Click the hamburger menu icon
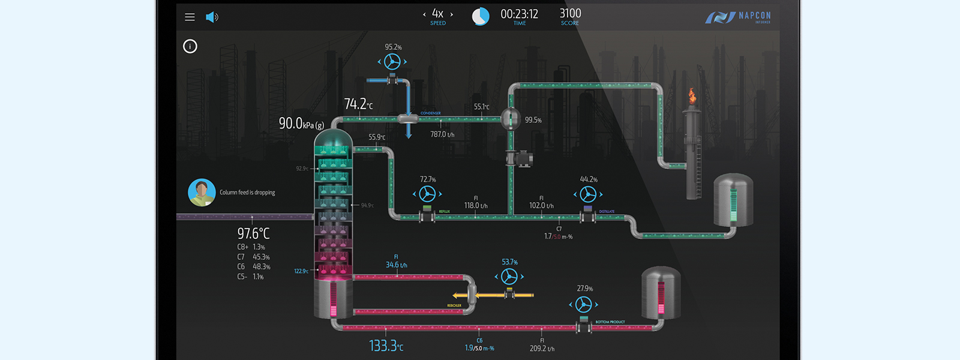click(190, 17)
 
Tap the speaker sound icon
click(212, 17)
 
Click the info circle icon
click(190, 46)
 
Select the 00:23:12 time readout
click(519, 14)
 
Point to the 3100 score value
click(570, 13)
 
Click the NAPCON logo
click(739, 17)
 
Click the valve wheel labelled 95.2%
click(392, 61)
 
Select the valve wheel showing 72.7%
click(427, 194)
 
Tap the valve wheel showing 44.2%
click(588, 194)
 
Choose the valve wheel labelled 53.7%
click(509, 276)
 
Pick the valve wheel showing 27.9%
click(583, 304)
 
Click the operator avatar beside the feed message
click(202, 193)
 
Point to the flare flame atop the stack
click(692, 96)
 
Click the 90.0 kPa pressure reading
click(301, 124)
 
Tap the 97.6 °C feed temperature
click(253, 233)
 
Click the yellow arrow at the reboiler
click(461, 295)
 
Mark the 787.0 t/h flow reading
click(442, 134)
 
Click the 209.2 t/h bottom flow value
click(542, 349)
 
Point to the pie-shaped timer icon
click(480, 16)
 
